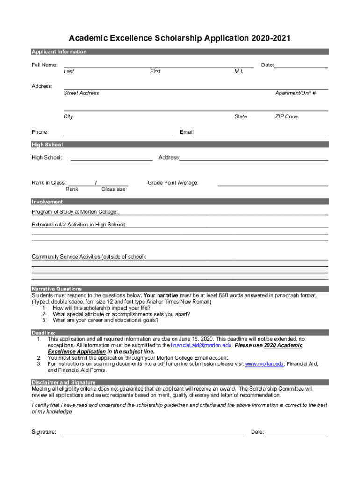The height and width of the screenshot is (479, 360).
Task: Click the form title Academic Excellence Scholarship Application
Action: [180, 38]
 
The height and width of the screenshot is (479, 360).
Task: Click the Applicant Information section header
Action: [59, 52]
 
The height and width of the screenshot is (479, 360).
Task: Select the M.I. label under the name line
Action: [238, 72]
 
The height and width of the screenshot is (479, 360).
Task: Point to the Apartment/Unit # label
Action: [295, 93]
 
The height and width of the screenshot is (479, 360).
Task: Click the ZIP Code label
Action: [286, 116]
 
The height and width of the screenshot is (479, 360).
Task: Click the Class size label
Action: [113, 189]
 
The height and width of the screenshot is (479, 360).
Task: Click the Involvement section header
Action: [47, 202]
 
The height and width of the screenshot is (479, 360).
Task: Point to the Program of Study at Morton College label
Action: [75, 212]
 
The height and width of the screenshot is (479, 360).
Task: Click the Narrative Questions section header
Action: [57, 289]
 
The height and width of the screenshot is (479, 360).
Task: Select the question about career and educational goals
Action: [106, 321]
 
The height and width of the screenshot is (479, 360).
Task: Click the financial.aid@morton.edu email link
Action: [201, 346]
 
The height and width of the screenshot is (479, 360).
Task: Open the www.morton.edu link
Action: [265, 364]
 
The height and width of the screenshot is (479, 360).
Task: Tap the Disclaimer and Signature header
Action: [64, 382]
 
